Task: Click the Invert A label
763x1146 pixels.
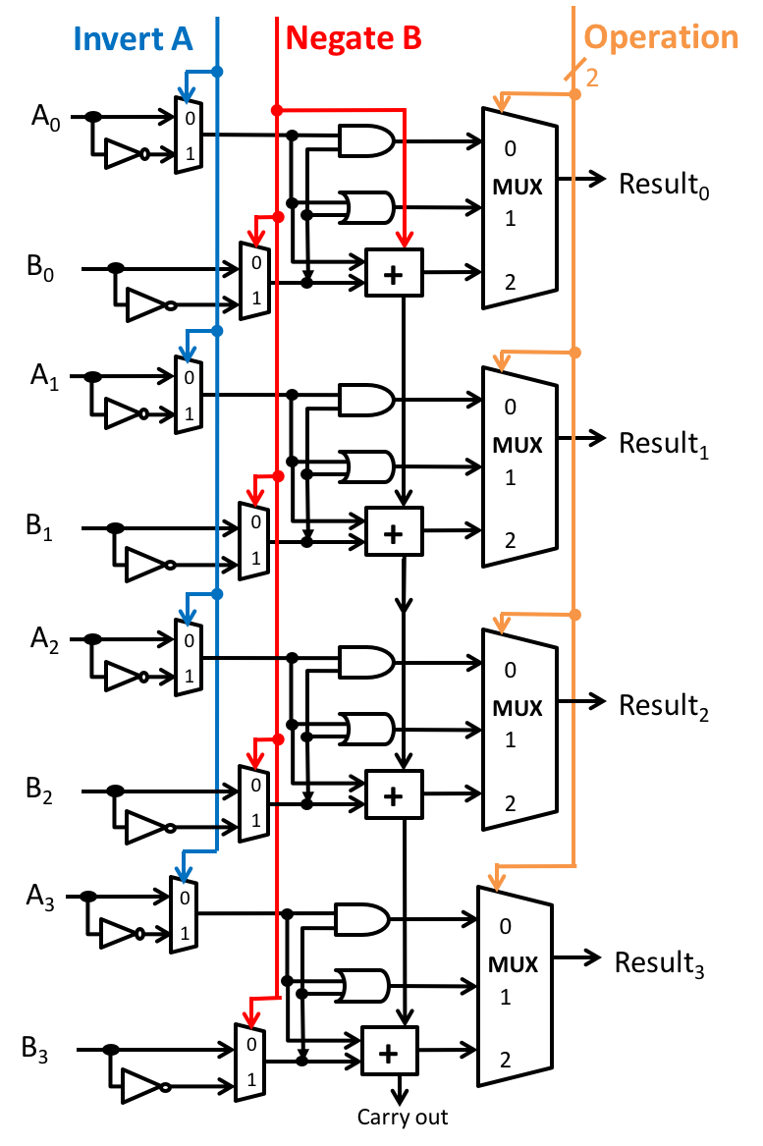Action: point(133,38)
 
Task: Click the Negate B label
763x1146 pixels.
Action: point(354,38)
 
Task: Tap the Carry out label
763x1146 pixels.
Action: point(403,1117)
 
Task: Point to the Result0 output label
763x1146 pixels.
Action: point(664,185)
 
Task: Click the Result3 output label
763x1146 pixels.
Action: point(659,963)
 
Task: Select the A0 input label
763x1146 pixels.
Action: point(45,117)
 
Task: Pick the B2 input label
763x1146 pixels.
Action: point(39,791)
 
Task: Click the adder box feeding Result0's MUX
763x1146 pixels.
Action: point(394,273)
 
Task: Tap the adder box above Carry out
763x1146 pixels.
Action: point(390,1051)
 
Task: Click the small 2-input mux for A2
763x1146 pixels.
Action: point(189,658)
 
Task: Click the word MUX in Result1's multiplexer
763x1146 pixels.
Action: point(518,445)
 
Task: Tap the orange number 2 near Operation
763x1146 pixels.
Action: point(592,78)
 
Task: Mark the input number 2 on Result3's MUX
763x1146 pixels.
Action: point(505,1059)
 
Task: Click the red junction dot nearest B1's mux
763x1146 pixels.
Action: point(278,476)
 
